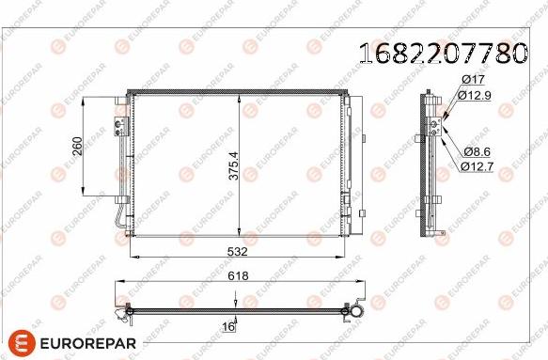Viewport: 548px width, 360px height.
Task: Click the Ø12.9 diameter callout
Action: pyautogui.click(x=478, y=95)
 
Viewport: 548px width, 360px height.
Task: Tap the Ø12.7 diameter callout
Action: pyautogui.click(x=478, y=165)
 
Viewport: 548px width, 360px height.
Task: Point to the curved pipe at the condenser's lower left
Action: pyautogui.click(x=114, y=220)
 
